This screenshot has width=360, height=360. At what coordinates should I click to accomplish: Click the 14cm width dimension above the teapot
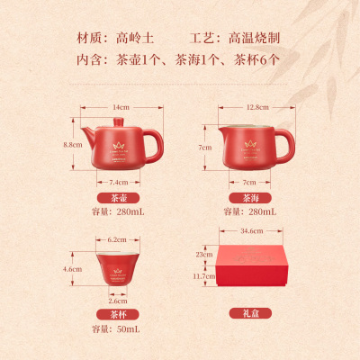tap(118, 107)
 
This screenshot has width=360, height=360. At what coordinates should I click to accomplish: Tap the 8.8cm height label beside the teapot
tap(72, 144)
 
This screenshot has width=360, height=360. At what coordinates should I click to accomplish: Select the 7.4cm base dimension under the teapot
tap(118, 181)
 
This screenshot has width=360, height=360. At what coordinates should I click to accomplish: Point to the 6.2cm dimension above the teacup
tap(118, 239)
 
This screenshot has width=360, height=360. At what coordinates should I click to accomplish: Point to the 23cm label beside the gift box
tap(204, 255)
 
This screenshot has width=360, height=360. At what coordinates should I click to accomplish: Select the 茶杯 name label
tap(118, 316)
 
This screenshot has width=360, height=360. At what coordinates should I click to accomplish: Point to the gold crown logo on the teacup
tap(118, 262)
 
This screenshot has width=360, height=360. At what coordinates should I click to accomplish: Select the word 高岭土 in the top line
tap(136, 39)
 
